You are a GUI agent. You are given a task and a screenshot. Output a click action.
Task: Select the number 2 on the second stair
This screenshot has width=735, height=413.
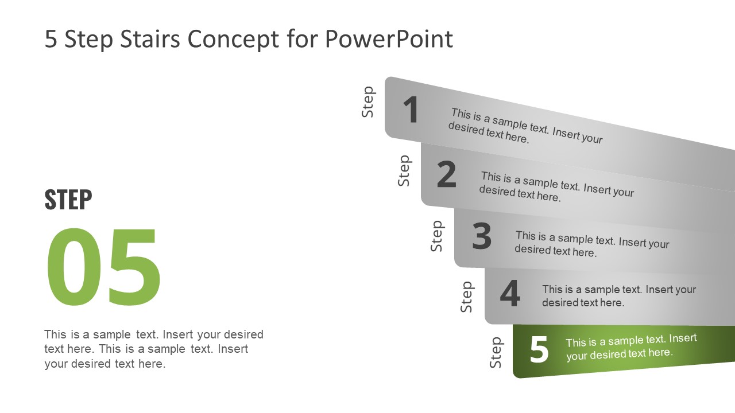click(x=446, y=175)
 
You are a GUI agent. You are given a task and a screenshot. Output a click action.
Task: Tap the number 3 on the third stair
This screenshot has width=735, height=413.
click(x=482, y=236)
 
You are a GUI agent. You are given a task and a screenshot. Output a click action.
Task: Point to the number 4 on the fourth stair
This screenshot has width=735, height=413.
click(x=510, y=294)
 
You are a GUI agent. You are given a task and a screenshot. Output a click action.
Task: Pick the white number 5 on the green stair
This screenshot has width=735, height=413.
click(x=539, y=350)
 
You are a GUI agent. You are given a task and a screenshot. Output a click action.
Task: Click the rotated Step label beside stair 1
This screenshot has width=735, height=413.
click(x=368, y=102)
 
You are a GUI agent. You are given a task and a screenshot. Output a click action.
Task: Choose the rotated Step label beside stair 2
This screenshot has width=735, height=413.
click(x=404, y=170)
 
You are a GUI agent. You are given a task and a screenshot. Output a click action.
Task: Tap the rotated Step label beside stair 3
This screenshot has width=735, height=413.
click(x=437, y=236)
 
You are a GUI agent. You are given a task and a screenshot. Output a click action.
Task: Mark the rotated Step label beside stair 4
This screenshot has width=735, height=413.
click(x=467, y=297)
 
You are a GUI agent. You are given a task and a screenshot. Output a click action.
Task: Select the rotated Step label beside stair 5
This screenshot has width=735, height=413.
click(x=496, y=352)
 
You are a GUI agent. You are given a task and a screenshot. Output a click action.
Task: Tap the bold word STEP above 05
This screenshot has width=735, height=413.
click(x=68, y=200)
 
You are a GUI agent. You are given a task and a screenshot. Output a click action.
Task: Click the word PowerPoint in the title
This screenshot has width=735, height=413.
click(x=389, y=39)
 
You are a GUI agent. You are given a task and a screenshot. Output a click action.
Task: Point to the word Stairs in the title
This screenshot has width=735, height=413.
click(x=145, y=39)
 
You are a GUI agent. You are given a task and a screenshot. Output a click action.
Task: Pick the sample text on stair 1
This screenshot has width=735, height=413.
click(x=525, y=126)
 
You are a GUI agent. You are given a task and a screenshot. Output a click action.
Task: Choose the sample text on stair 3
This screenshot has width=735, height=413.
click(x=591, y=244)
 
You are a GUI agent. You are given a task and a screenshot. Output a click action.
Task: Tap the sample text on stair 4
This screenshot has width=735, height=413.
click(x=618, y=296)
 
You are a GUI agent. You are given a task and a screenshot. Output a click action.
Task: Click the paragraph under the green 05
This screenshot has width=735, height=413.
click(x=154, y=349)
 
